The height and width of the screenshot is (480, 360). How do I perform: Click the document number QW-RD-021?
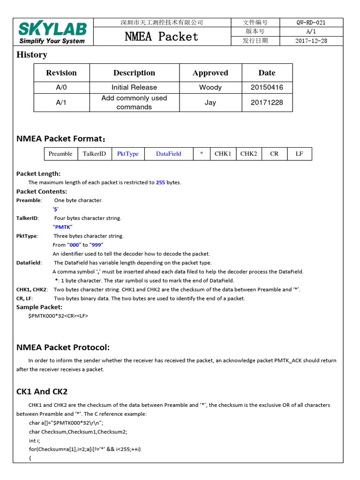click(x=311, y=22)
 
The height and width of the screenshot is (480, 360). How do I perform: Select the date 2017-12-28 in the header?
click(x=311, y=40)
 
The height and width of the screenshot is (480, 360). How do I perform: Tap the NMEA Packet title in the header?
click(x=162, y=36)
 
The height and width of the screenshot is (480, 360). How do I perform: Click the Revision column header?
click(x=61, y=73)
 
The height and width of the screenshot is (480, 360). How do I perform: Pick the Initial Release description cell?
click(x=134, y=87)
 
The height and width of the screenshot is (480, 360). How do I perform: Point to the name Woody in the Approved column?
click(x=210, y=87)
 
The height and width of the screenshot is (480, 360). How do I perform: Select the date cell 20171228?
click(x=267, y=102)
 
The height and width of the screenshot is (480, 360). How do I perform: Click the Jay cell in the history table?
click(x=210, y=102)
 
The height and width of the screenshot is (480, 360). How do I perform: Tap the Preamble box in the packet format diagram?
click(x=60, y=154)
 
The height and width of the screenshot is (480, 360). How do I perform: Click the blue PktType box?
click(x=127, y=154)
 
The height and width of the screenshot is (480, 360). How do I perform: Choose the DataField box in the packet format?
click(x=169, y=154)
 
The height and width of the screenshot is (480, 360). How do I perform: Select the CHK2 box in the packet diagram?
click(x=248, y=154)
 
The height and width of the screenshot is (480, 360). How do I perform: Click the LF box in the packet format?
click(x=299, y=154)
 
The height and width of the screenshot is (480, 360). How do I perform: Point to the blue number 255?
click(x=160, y=182)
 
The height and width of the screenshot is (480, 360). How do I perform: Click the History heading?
click(x=32, y=54)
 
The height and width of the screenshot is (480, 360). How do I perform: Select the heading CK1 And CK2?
click(x=42, y=391)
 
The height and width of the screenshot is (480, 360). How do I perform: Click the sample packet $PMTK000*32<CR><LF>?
click(x=58, y=315)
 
